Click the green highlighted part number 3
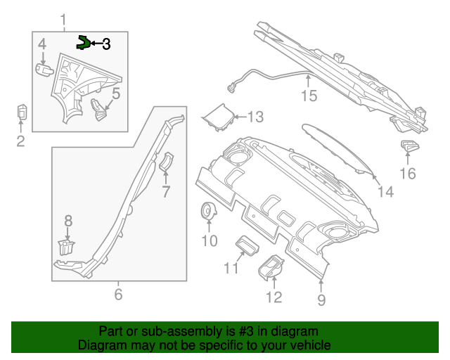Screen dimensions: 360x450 (84, 42)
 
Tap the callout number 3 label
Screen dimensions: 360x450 (106, 44)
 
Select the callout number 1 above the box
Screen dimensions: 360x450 (63, 18)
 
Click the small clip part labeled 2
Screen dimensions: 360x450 (21, 112)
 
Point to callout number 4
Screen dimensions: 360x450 (42, 45)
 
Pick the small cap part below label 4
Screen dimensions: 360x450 (44, 68)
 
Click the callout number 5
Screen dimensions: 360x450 (116, 93)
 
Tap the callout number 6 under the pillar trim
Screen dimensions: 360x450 (118, 294)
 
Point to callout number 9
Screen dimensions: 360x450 (321, 301)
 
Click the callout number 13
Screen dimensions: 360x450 (255, 117)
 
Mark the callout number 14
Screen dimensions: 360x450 (385, 191)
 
